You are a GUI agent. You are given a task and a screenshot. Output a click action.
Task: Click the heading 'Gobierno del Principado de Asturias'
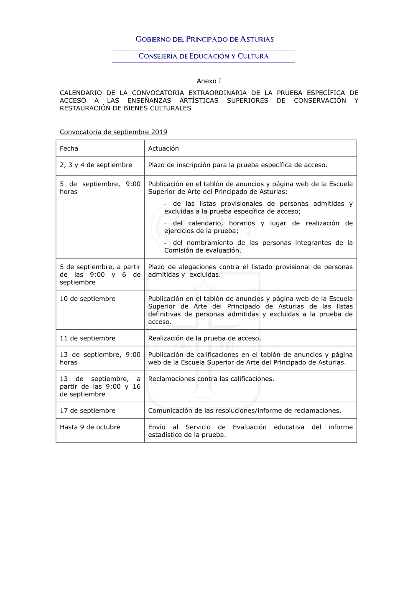204,39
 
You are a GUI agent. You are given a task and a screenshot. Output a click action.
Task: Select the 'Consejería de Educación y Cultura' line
204,56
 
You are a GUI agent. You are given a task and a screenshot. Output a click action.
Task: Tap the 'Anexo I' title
209,81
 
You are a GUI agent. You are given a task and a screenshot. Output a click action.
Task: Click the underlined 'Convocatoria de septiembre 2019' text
113,132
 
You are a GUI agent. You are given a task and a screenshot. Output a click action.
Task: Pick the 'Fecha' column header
69,148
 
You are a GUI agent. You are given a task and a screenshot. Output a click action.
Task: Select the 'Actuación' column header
163,148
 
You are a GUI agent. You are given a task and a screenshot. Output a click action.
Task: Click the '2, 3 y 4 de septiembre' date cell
96,165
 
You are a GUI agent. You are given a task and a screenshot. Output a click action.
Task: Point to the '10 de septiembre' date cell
87,299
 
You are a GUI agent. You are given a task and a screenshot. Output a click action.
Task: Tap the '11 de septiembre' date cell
87,338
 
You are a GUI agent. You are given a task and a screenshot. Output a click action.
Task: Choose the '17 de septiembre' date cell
87,410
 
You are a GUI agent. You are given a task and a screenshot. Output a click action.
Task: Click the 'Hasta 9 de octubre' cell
90,427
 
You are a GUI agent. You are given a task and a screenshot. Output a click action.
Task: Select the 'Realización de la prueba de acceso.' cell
204,338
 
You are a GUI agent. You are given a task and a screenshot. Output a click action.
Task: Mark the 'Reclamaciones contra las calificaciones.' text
211,379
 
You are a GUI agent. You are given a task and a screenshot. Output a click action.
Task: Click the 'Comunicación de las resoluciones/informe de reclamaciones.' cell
245,410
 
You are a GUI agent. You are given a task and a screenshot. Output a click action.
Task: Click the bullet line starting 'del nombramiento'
258,247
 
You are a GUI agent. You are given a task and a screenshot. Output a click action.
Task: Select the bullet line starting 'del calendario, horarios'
258,227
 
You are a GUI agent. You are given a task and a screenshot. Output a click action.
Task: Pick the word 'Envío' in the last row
157,427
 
